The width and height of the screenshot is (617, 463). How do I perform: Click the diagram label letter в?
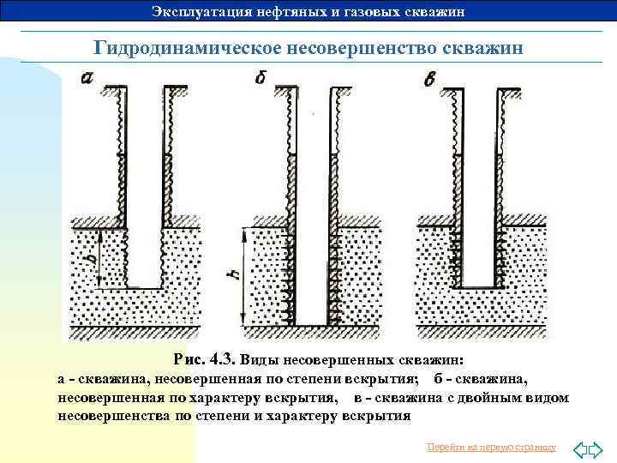[430, 80]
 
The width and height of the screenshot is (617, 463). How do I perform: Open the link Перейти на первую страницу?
[491, 448]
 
